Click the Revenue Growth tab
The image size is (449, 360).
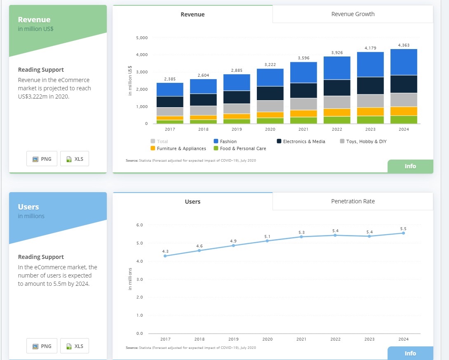coord(353,14)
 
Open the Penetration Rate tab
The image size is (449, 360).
coord(353,201)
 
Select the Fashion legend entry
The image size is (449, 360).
coord(228,141)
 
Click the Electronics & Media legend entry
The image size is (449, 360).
coord(303,141)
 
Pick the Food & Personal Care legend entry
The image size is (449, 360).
coord(242,148)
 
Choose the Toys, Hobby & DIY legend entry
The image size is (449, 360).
coord(366,141)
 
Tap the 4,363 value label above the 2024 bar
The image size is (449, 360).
coord(404,45)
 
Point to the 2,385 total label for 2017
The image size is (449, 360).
coord(170,79)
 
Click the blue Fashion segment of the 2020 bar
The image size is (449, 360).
coord(270,77)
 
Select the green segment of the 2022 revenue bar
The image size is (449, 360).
coord(337,120)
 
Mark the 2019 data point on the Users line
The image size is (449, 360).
coord(233,245)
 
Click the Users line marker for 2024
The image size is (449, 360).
coord(403,233)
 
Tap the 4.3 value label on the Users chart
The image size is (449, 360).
coord(165,251)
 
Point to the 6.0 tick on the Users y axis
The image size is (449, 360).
coord(139,225)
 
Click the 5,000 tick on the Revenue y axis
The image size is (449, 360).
coord(141,38)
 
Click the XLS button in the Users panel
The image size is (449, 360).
coord(75,346)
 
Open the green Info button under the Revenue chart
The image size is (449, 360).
coord(410,166)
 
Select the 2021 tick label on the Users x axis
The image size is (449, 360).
coord(301,339)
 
